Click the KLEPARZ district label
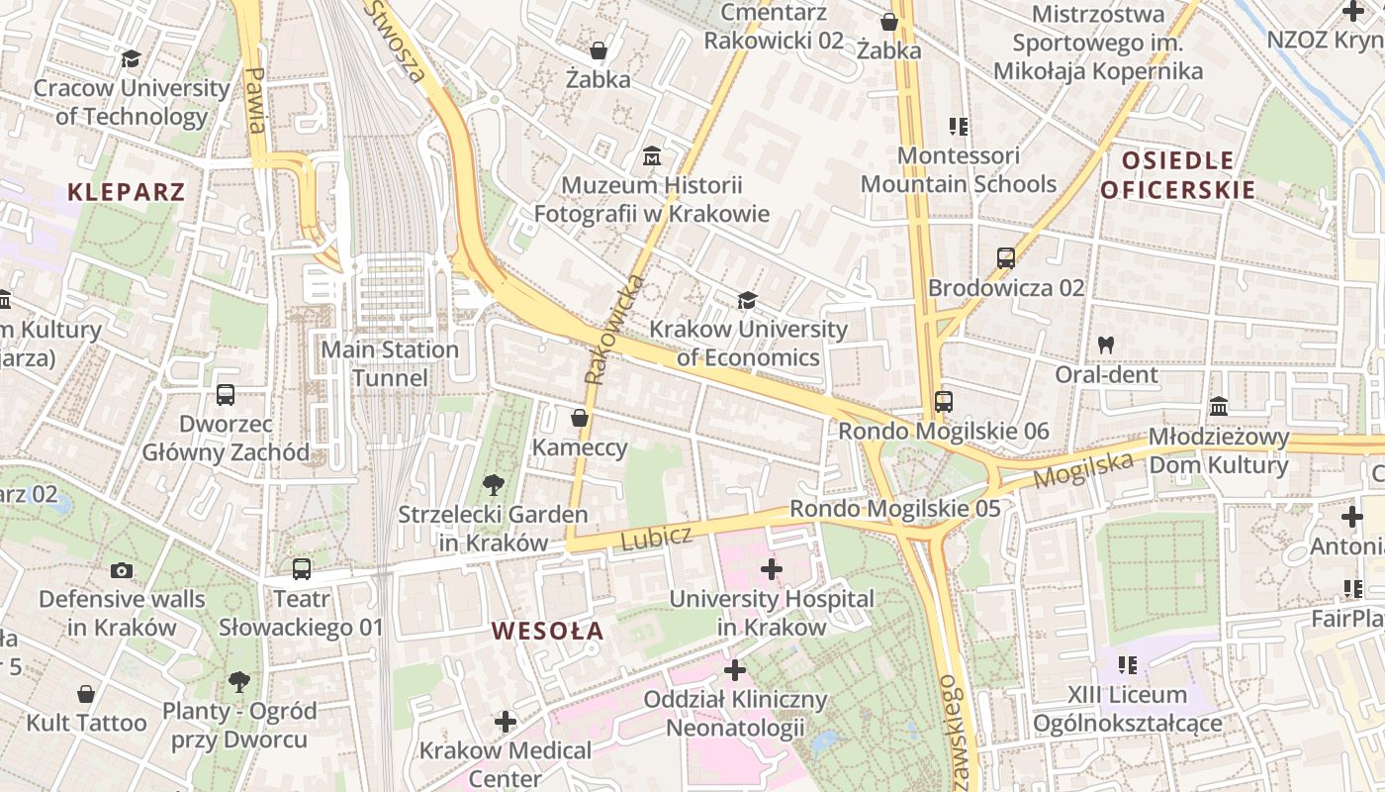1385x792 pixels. click(x=127, y=192)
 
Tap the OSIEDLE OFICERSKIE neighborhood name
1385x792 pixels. click(x=1177, y=175)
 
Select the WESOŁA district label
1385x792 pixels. click(x=547, y=631)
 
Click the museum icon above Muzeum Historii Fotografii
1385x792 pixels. click(x=652, y=156)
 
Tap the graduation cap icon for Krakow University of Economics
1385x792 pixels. click(x=747, y=300)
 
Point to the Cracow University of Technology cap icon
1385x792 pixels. click(x=131, y=59)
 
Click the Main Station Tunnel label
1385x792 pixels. click(x=390, y=363)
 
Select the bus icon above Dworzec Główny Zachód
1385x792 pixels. click(x=226, y=395)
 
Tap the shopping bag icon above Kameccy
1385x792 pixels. click(x=580, y=419)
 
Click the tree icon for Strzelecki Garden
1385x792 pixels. click(x=492, y=485)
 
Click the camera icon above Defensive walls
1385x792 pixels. click(x=122, y=570)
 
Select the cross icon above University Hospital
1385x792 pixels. click(x=772, y=569)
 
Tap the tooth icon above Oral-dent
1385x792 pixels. click(x=1106, y=346)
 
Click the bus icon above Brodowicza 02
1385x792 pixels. click(x=1006, y=258)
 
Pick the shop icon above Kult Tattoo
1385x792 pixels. click(x=86, y=694)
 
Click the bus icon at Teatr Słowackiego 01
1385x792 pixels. click(x=302, y=569)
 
